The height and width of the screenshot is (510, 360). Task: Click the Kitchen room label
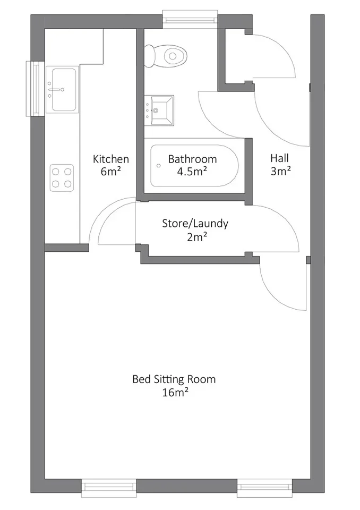coord(111,159)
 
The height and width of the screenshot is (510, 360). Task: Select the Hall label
coord(280,158)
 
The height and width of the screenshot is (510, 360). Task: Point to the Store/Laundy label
coord(195,224)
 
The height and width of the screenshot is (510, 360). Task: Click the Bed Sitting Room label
coord(174,379)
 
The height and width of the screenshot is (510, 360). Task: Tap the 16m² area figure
coord(176,393)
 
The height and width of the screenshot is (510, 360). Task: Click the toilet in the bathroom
coord(166,56)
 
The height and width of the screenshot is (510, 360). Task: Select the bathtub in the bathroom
coord(194,166)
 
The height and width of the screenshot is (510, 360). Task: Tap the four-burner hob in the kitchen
coord(62,177)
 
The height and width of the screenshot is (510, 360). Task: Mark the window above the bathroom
coord(190,16)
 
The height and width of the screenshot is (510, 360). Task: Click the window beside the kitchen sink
coord(35,89)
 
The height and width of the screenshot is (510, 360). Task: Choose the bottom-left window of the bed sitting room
coord(109,488)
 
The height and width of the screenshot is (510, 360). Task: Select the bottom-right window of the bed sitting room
coord(265,488)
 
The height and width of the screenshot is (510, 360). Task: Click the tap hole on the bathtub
coord(159,166)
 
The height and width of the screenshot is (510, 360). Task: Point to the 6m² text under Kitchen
coord(111,172)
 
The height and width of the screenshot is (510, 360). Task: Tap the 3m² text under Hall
coord(280,171)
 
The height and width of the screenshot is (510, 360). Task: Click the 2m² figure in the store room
coord(197,237)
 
